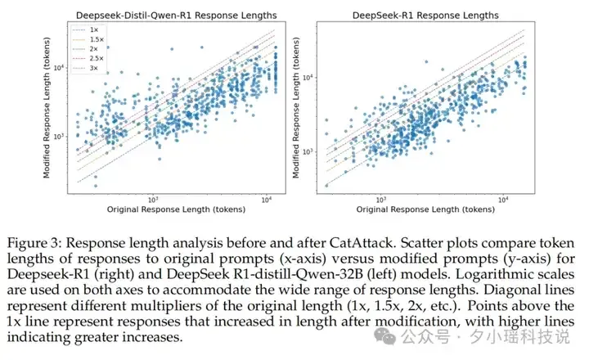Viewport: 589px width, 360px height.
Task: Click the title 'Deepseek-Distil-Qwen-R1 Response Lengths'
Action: [176, 16]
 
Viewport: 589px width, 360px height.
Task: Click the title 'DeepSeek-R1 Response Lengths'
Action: [425, 16]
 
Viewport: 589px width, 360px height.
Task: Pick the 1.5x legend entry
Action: [88, 39]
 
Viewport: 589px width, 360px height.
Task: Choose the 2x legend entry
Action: [85, 49]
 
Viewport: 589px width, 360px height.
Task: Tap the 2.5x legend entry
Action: [88, 58]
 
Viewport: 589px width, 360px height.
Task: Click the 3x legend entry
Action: [85, 68]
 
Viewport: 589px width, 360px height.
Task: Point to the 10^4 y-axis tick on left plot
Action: [59, 68]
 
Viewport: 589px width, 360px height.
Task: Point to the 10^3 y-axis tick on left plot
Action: [59, 137]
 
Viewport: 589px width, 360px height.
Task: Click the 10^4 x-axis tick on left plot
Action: [267, 200]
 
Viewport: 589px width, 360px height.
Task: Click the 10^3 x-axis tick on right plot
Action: [380, 200]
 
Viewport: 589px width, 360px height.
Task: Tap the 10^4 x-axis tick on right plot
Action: [502, 200]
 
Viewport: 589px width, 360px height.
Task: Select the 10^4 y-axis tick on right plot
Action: [308, 78]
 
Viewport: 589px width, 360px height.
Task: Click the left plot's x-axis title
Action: [176, 209]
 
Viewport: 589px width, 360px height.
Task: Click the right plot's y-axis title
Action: [296, 107]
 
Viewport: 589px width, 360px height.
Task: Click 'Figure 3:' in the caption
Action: [34, 243]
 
